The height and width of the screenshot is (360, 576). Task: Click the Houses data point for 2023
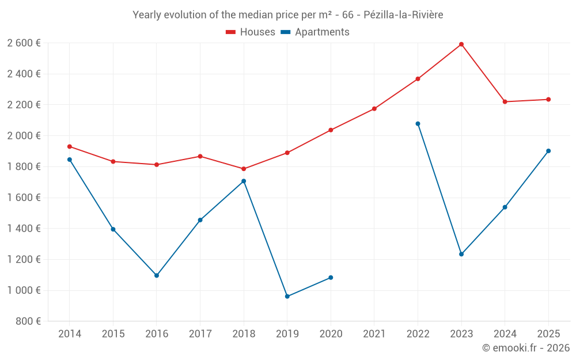pyautogui.click(x=461, y=44)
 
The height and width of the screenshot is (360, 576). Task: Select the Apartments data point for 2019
pyautogui.click(x=287, y=297)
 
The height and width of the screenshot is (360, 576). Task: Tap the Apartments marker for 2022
pyautogui.click(x=418, y=124)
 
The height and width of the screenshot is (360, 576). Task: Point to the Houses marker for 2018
pyautogui.click(x=244, y=169)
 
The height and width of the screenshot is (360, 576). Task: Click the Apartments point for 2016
pyautogui.click(x=157, y=275)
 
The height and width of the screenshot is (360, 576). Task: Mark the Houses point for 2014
pyautogui.click(x=70, y=146)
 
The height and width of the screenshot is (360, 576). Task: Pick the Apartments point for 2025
pyautogui.click(x=548, y=151)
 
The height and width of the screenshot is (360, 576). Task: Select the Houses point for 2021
pyautogui.click(x=374, y=109)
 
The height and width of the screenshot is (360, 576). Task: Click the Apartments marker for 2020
pyautogui.click(x=331, y=278)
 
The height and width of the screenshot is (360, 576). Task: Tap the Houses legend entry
pyautogui.click(x=251, y=32)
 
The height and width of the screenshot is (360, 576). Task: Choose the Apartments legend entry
pyautogui.click(x=315, y=32)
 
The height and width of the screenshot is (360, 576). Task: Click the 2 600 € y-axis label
pyautogui.click(x=24, y=43)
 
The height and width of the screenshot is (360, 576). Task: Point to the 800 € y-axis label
pyautogui.click(x=28, y=321)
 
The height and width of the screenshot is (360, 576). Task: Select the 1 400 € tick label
pyautogui.click(x=24, y=229)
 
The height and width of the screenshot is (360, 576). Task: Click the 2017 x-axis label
pyautogui.click(x=200, y=334)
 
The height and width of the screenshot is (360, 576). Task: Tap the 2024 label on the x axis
pyautogui.click(x=505, y=334)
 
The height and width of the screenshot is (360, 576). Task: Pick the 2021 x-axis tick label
pyautogui.click(x=374, y=334)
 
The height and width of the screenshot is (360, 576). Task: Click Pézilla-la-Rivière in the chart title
pyautogui.click(x=403, y=15)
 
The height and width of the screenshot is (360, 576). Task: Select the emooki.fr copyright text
pyautogui.click(x=525, y=348)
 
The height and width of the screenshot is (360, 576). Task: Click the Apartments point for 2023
pyautogui.click(x=461, y=254)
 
